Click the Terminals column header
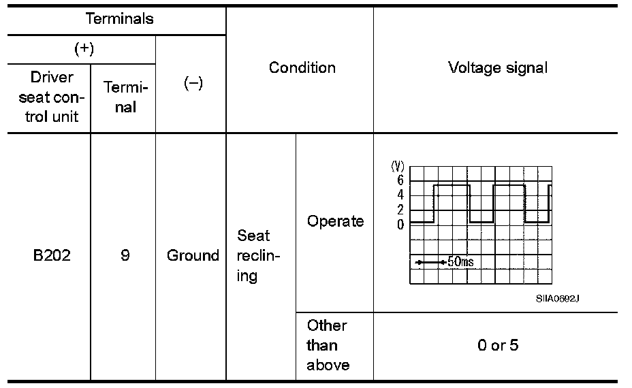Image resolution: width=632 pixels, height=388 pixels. click(119, 18)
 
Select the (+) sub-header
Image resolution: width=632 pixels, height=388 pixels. click(83, 49)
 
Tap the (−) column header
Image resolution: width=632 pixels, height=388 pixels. click(193, 84)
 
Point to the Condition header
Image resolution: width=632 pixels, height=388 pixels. click(302, 67)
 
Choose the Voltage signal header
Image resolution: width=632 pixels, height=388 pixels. click(497, 67)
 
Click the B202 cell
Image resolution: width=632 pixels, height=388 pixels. click(51, 255)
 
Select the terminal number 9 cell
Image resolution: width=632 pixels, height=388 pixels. click(125, 255)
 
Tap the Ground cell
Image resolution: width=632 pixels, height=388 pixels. click(193, 255)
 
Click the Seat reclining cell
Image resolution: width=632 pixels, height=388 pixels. click(253, 255)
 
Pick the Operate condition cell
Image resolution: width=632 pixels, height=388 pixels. click(335, 221)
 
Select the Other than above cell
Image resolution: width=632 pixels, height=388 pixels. click(328, 345)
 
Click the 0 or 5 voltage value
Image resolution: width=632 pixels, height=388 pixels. click(497, 345)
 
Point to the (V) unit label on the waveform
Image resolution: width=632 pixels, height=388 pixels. click(397, 166)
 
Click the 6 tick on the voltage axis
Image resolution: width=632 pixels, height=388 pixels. click(400, 180)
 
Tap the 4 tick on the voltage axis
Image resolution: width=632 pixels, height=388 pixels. click(400, 195)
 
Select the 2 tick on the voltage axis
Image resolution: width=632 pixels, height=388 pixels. click(400, 210)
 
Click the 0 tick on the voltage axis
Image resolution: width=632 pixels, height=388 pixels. click(400, 225)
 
